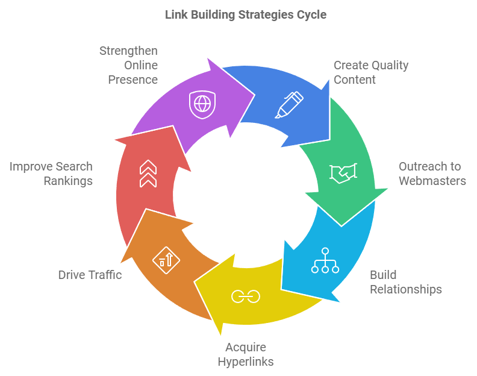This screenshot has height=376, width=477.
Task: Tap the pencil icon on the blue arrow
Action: (x=289, y=104)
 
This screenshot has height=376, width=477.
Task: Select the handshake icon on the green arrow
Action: (x=343, y=172)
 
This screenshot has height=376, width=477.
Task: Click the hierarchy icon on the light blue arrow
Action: (x=325, y=260)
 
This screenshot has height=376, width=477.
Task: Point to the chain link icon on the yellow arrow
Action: (x=245, y=296)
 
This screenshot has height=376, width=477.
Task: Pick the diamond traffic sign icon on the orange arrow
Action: (x=166, y=260)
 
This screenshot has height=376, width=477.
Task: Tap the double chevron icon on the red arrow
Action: (x=148, y=174)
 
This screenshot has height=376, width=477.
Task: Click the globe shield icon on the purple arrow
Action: (x=201, y=104)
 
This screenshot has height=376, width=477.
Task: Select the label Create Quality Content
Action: (x=371, y=72)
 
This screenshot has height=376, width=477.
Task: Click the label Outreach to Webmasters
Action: (x=432, y=174)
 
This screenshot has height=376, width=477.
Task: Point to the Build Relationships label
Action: (x=405, y=282)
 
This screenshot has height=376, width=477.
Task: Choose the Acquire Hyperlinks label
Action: (x=245, y=354)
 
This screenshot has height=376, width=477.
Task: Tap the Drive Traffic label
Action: (x=90, y=275)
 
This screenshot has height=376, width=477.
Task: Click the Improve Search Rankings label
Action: (x=51, y=174)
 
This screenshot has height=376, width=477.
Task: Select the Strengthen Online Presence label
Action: (x=129, y=64)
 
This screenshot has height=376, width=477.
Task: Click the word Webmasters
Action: (x=432, y=181)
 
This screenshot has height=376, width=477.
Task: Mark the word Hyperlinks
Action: (x=245, y=362)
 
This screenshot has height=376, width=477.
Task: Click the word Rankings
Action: (x=68, y=181)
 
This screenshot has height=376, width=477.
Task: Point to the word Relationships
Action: (x=405, y=289)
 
